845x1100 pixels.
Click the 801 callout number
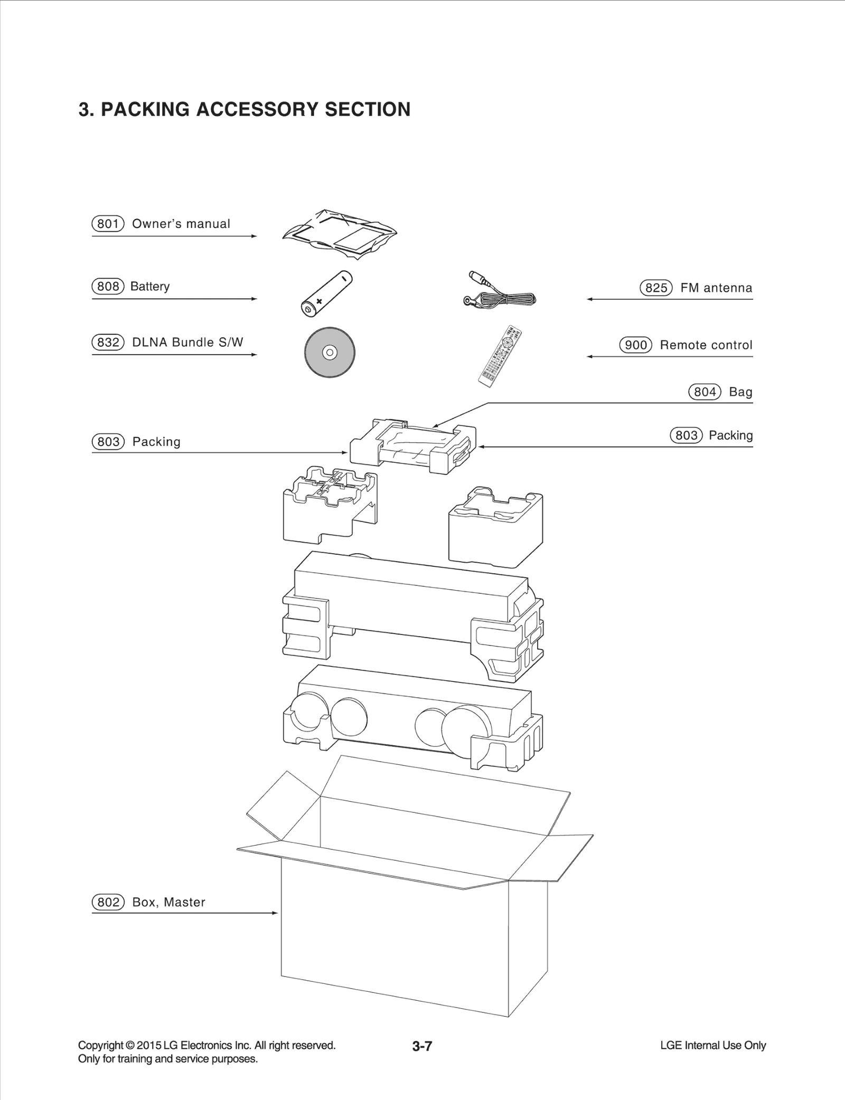click(x=108, y=224)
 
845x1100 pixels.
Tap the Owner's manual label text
click(x=181, y=224)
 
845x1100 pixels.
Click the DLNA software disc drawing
click(x=330, y=352)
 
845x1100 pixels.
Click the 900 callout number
click(x=635, y=345)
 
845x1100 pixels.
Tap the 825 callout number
click(x=656, y=288)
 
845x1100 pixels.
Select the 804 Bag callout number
click(x=705, y=392)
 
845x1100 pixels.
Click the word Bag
click(x=740, y=392)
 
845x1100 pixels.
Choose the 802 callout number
click(x=108, y=902)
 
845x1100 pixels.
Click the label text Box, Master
click(x=168, y=902)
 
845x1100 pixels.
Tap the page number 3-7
click(x=422, y=1046)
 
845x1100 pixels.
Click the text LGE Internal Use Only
click(x=712, y=1046)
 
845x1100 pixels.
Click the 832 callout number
click(x=108, y=343)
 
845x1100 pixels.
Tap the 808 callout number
click(x=108, y=287)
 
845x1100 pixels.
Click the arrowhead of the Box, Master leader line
click(x=275, y=913)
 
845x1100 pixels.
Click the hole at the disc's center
click(x=330, y=352)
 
